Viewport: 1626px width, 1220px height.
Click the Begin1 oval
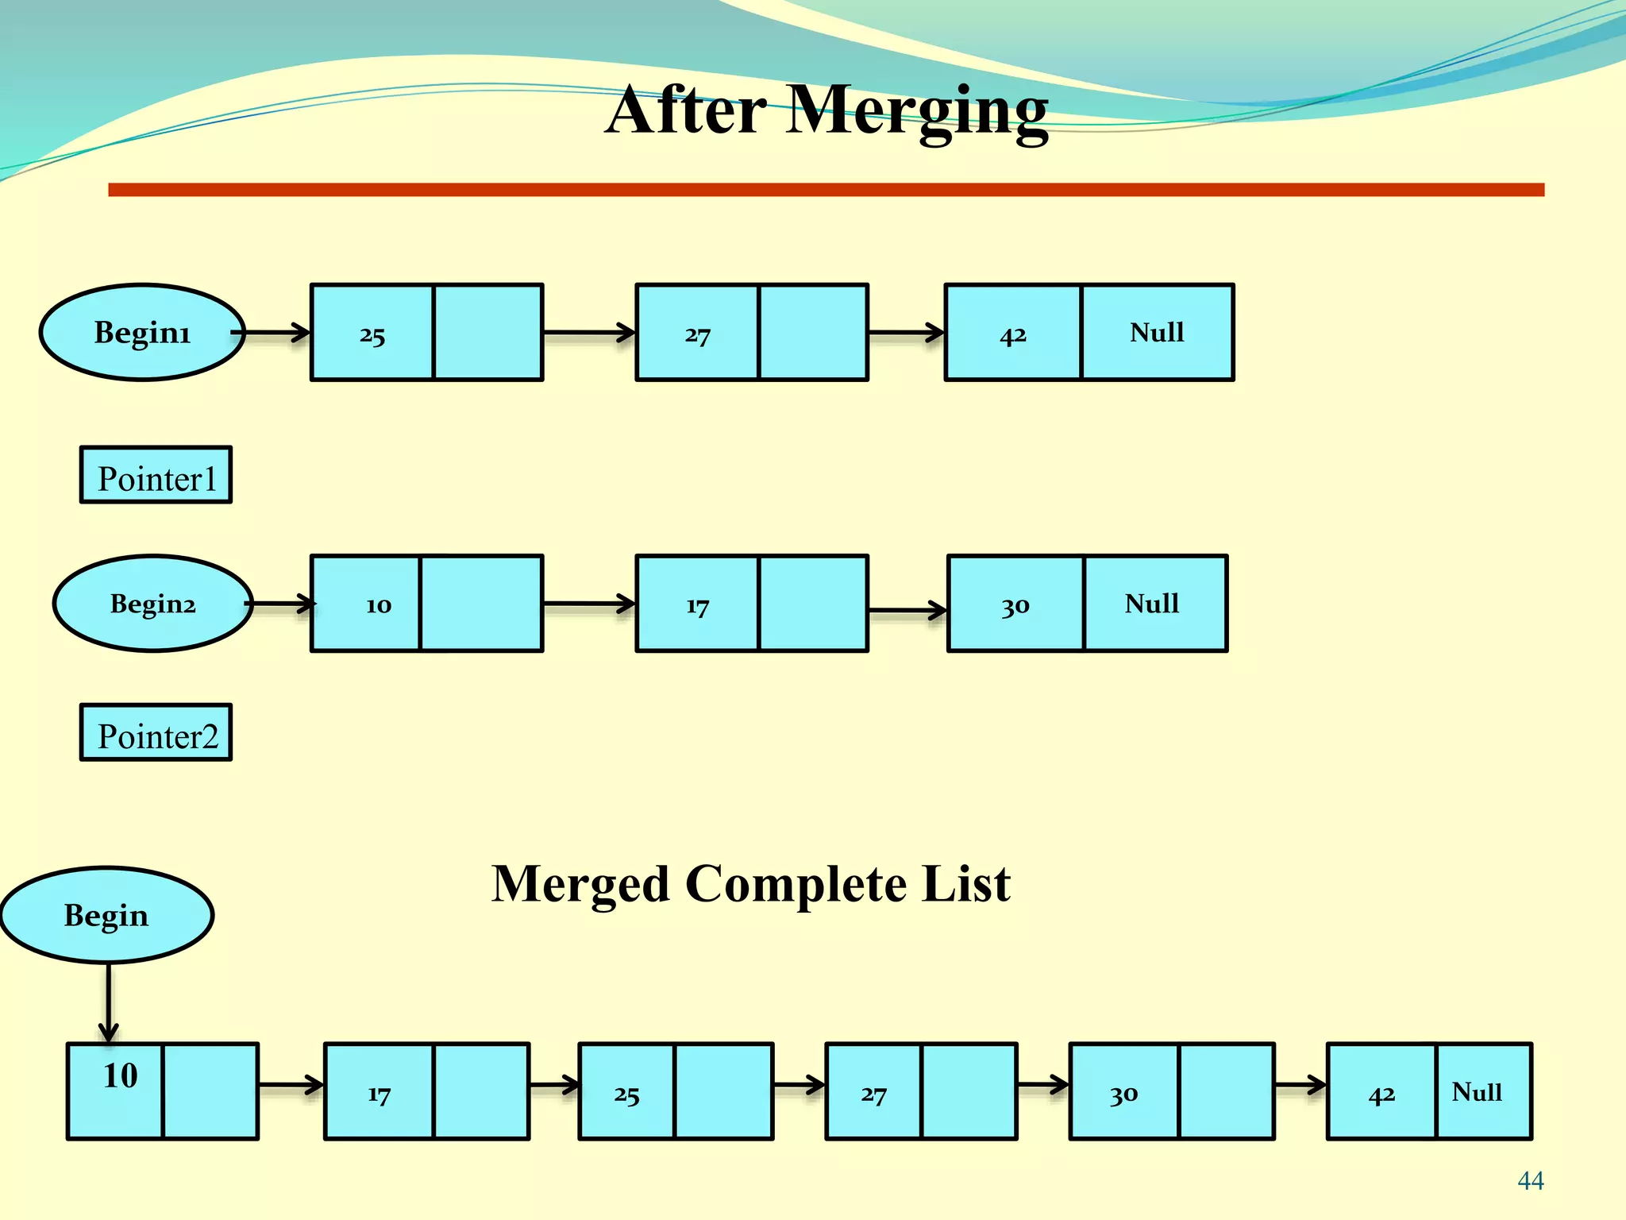point(142,332)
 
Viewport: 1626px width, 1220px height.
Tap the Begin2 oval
point(152,604)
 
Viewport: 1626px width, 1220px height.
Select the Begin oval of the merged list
point(106,915)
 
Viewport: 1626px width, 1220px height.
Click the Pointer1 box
point(156,475)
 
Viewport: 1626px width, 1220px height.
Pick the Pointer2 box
point(156,732)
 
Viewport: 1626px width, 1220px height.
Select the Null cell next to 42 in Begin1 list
point(1157,332)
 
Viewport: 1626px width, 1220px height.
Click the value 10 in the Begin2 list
point(378,605)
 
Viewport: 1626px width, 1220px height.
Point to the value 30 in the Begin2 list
point(1015,606)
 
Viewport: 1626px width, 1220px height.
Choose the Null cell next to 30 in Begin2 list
point(1152,604)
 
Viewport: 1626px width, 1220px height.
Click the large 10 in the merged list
point(120,1076)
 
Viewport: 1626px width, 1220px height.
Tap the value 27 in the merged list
point(873,1095)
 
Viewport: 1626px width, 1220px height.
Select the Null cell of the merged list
point(1477,1092)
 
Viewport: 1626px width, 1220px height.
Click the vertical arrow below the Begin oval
point(109,1001)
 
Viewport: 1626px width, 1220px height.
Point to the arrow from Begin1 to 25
point(274,332)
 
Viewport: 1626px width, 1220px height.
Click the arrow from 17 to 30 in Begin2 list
point(907,610)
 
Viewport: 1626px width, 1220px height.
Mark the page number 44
point(1530,1181)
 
